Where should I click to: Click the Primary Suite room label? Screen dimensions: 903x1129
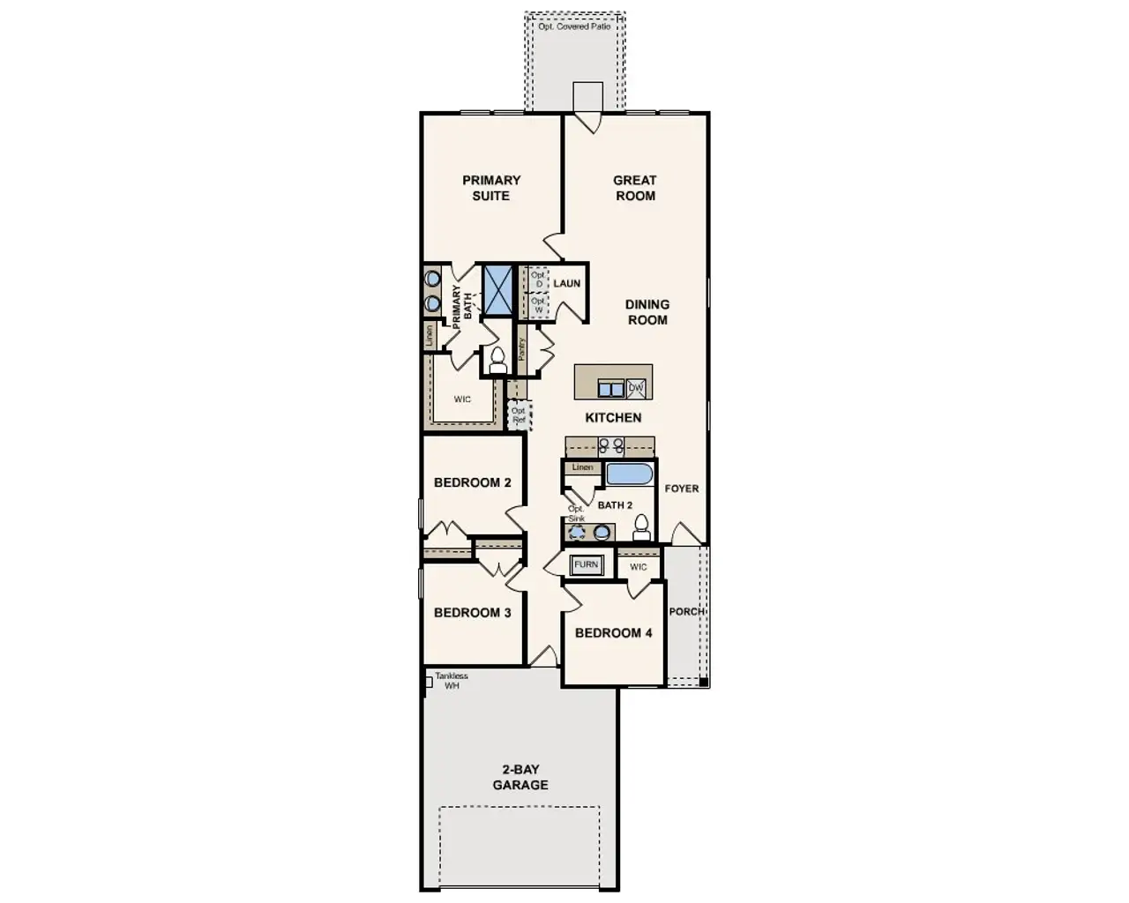pyautogui.click(x=491, y=188)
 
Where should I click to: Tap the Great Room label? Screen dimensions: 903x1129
pyautogui.click(x=635, y=188)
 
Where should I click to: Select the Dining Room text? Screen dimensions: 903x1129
pyautogui.click(x=647, y=312)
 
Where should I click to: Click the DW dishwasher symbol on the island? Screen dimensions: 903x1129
pyautogui.click(x=636, y=388)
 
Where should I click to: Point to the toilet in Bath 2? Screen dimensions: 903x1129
pyautogui.click(x=642, y=527)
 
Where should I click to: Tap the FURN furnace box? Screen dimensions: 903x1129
pyautogui.click(x=586, y=564)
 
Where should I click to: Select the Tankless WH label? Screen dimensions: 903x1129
pyautogui.click(x=451, y=681)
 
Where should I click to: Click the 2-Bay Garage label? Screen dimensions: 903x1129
pyautogui.click(x=520, y=777)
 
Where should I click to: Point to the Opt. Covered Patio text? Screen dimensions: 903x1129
pyautogui.click(x=574, y=27)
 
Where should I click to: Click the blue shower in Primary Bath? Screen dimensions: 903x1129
pyautogui.click(x=497, y=287)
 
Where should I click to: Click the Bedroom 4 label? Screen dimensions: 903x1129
pyautogui.click(x=613, y=633)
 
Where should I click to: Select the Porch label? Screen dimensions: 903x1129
pyautogui.click(x=686, y=611)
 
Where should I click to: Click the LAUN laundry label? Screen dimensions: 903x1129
pyautogui.click(x=566, y=283)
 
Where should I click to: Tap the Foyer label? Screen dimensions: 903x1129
pyautogui.click(x=681, y=489)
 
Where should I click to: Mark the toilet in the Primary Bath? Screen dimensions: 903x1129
pyautogui.click(x=497, y=360)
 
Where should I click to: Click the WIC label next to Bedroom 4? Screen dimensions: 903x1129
pyautogui.click(x=638, y=567)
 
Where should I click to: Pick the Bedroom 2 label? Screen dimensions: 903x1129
pyautogui.click(x=472, y=483)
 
